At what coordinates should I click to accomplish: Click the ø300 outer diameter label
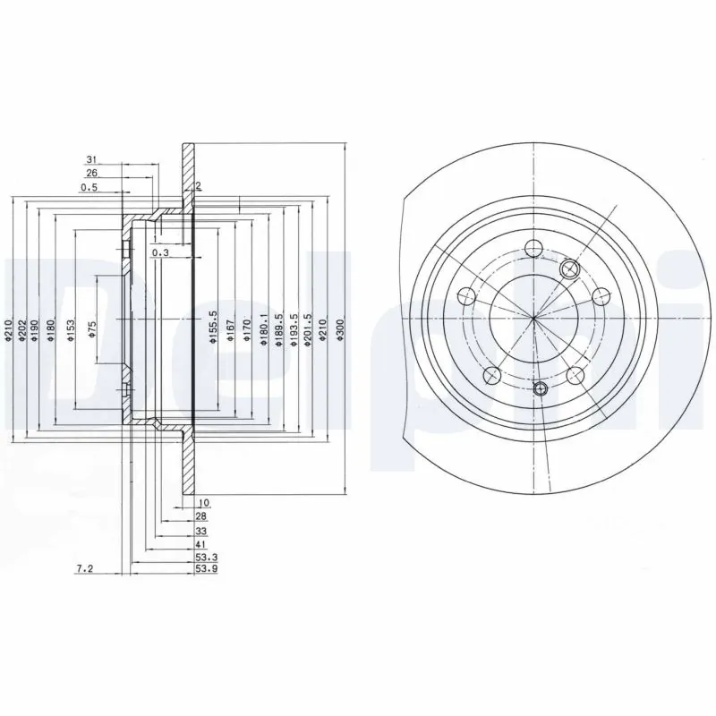coord(339,334)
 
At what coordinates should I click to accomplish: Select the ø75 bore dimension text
coord(92,334)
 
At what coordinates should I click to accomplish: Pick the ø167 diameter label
coord(231,334)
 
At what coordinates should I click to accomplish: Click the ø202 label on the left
coord(20,334)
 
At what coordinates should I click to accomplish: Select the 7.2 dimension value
coord(85,568)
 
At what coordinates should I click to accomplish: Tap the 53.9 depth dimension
coord(204,568)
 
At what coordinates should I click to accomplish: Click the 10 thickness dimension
coord(204,505)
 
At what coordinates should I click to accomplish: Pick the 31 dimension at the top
coord(91,159)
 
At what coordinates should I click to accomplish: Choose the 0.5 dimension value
coord(89,188)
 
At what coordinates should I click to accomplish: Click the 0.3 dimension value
coord(160,254)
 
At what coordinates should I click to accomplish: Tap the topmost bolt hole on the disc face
coord(533,249)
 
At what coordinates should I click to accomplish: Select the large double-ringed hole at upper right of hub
coord(567,268)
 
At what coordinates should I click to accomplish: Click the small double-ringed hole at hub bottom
coord(540,388)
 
